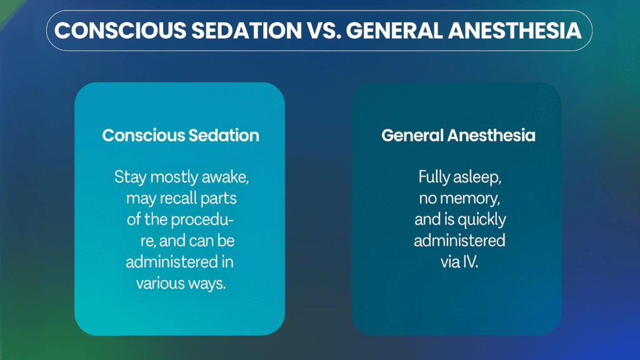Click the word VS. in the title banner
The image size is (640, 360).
coord(324,31)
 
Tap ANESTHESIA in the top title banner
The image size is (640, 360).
coord(515,31)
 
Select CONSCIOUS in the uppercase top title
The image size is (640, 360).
coord(121,31)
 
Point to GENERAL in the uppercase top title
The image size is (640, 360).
coord(394,31)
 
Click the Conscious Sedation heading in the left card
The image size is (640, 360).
coord(181,135)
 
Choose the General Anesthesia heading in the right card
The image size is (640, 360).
coord(458,135)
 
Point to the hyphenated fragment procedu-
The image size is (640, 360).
coord(202,220)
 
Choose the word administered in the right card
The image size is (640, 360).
coord(459,241)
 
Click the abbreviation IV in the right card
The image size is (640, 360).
coord(470,262)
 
